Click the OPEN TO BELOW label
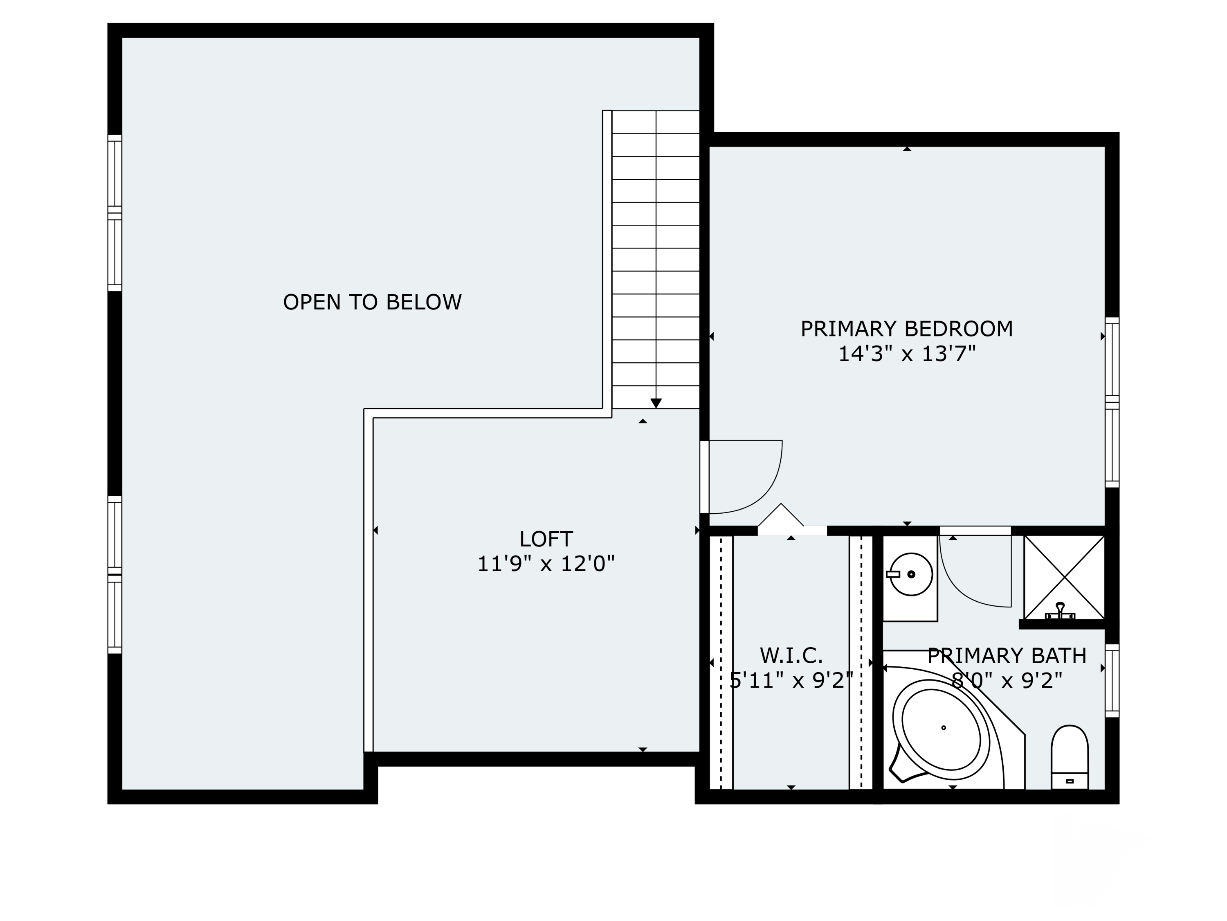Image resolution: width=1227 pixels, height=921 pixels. pyautogui.click(x=372, y=302)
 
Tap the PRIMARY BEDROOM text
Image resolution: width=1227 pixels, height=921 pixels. pyautogui.click(x=906, y=329)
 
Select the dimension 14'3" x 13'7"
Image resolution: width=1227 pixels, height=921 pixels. pyautogui.click(x=906, y=354)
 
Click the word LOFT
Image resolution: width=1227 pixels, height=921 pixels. pyautogui.click(x=546, y=539)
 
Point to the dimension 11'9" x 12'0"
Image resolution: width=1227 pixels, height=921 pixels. pyautogui.click(x=546, y=564)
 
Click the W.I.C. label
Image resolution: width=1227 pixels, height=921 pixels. pyautogui.click(x=791, y=656)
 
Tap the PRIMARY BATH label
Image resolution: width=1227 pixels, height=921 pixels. pyautogui.click(x=1007, y=656)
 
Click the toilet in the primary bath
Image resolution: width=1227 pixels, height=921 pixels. pyautogui.click(x=1070, y=757)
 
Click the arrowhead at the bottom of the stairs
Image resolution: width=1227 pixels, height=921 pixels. pyautogui.click(x=656, y=404)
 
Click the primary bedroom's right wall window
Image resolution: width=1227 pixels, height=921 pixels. pyautogui.click(x=1112, y=402)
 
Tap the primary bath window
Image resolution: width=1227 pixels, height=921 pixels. pyautogui.click(x=1112, y=681)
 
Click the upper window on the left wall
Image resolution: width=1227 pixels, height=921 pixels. pyautogui.click(x=115, y=212)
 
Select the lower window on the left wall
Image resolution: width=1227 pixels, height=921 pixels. pyautogui.click(x=115, y=575)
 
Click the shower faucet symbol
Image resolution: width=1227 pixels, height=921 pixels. pyautogui.click(x=1060, y=612)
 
